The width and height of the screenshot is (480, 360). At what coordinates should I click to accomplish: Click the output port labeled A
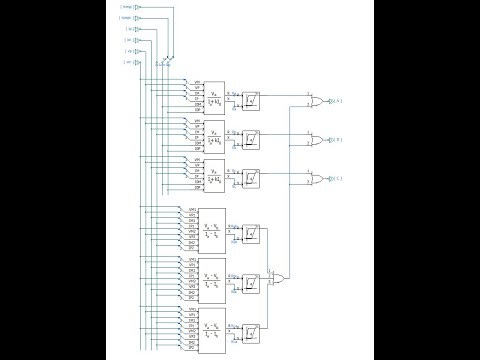coord(337,102)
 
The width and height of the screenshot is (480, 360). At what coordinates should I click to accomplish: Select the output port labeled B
coord(337,141)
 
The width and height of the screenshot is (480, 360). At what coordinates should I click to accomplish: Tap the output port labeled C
coord(337,180)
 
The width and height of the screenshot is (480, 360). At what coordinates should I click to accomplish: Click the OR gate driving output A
coord(317,102)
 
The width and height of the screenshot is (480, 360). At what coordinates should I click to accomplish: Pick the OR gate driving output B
coord(317,141)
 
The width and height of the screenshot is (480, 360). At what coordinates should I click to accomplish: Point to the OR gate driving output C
coord(317,180)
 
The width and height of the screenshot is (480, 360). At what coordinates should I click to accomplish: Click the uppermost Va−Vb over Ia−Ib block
coord(212,230)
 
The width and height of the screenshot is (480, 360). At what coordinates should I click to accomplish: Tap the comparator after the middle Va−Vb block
coord(251,283)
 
